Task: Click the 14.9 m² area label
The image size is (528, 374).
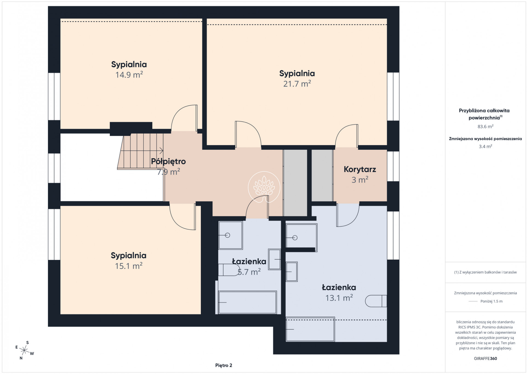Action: (x=129, y=75)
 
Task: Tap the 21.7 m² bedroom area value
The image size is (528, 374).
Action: (x=297, y=84)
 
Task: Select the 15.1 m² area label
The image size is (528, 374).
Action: (x=129, y=266)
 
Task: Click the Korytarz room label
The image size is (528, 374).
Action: (x=360, y=169)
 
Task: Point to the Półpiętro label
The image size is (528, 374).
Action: (x=168, y=161)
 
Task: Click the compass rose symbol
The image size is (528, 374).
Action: (x=24, y=350)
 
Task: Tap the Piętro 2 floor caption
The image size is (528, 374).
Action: (x=224, y=365)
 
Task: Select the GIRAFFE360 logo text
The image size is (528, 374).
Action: (x=485, y=358)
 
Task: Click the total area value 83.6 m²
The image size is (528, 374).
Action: (x=485, y=126)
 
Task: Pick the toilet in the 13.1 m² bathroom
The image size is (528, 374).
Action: (x=376, y=301)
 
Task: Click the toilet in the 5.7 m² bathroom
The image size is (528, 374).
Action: (x=229, y=270)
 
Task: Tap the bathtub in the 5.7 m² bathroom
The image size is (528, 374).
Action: (x=247, y=302)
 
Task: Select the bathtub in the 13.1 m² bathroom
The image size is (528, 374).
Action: (x=310, y=329)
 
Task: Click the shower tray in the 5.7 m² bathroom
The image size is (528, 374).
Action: (x=230, y=235)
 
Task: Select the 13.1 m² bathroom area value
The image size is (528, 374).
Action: (x=339, y=298)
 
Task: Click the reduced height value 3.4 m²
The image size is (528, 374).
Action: (x=485, y=146)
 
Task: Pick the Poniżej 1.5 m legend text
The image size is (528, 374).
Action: (x=491, y=301)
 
